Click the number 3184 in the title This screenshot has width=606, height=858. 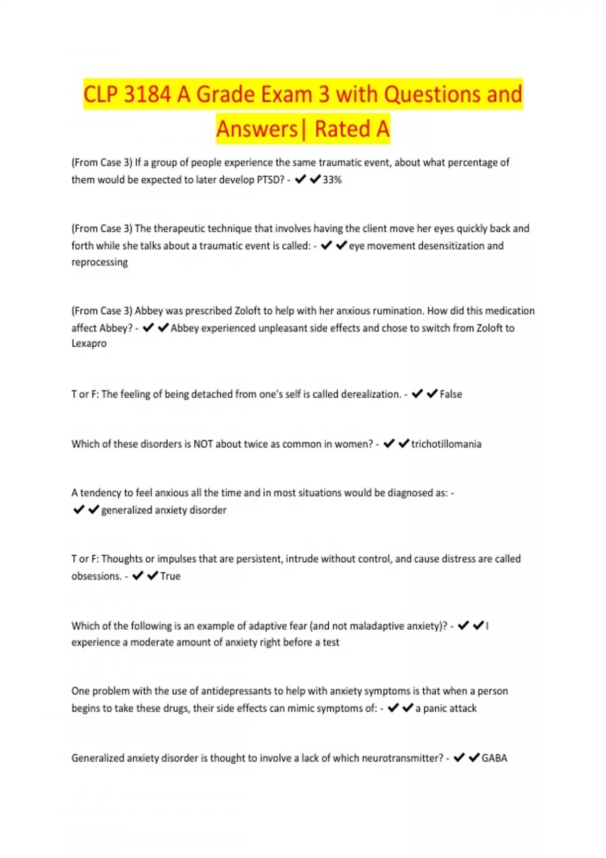(147, 94)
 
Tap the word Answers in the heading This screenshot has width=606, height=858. (257, 129)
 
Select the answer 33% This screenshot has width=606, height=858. (332, 180)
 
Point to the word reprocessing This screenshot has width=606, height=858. (99, 262)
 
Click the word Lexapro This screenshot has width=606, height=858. (89, 344)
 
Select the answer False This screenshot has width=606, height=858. (451, 394)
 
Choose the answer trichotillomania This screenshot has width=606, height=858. (446, 444)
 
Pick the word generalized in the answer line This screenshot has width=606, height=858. (127, 510)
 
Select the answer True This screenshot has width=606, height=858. (170, 576)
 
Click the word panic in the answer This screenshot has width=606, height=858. (435, 709)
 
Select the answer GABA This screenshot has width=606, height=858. (494, 758)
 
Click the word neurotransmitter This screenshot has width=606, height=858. (402, 758)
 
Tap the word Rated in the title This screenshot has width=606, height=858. (342, 129)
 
